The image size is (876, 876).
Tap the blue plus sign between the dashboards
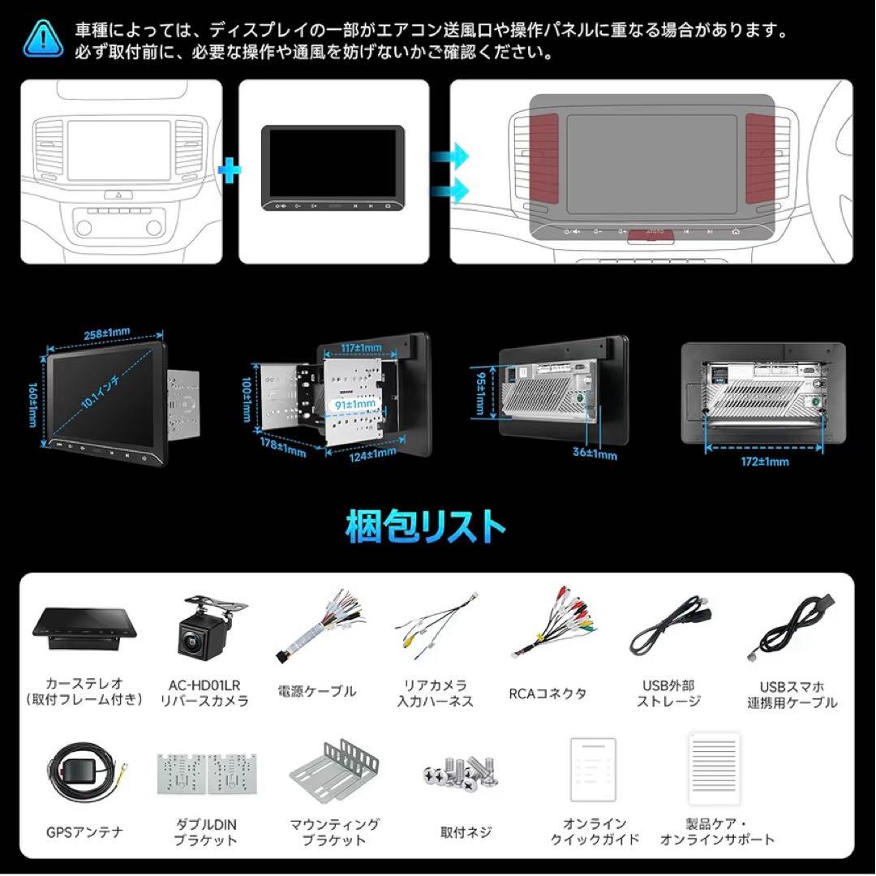231,170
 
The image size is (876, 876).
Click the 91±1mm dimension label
355,402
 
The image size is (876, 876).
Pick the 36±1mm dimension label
595,455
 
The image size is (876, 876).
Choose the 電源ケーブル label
322,692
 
